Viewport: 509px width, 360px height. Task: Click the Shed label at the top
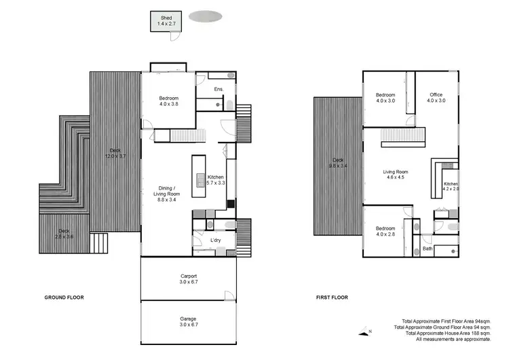[x=166, y=20]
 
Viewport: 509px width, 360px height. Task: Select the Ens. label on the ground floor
[x=219, y=90]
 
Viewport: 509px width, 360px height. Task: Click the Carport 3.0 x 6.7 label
[x=189, y=278]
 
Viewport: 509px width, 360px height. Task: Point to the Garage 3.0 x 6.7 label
[x=189, y=322]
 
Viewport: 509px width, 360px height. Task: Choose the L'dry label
[x=216, y=241]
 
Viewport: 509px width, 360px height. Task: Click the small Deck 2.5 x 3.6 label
[x=64, y=234]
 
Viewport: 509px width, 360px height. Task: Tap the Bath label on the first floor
[x=428, y=249]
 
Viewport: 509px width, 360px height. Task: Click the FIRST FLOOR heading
[x=333, y=298]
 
